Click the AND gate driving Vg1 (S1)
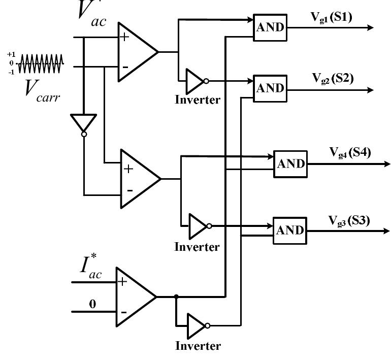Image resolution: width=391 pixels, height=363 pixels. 270,27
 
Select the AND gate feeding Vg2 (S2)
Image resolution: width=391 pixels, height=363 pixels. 270,88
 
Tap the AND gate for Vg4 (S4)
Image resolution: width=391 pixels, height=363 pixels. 290,164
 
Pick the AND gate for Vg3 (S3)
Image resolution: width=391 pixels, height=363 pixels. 290,230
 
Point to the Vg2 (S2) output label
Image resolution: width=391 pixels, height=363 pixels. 333,79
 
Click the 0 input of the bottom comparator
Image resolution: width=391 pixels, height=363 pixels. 92,305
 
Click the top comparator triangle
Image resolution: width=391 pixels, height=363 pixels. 136,52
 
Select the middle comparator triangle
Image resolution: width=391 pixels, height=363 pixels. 138,178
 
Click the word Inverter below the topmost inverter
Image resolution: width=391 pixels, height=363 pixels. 198,100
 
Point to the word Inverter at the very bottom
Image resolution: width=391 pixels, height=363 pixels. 198,346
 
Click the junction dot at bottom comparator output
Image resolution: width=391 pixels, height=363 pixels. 176,296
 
